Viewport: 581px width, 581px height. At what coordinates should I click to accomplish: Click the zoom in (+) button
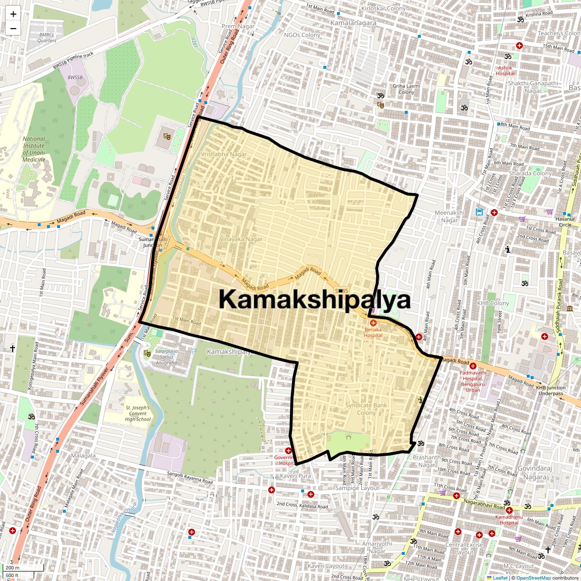pos(13,14)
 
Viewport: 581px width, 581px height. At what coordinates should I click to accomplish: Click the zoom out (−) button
pos(13,28)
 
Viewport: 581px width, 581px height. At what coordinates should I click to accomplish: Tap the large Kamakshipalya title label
pos(315,299)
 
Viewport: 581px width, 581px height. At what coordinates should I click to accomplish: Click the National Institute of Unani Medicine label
pos(34,149)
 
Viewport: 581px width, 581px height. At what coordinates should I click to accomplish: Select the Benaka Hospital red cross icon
pos(373,322)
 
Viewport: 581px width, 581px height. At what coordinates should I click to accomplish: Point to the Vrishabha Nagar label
pos(223,154)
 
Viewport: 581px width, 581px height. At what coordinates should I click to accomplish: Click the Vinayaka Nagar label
pos(241,239)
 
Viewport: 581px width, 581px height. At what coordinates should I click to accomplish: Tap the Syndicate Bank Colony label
pos(366,409)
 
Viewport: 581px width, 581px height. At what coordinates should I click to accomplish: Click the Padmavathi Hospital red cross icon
pos(473,366)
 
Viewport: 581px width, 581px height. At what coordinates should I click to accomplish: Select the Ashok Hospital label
pos(505,71)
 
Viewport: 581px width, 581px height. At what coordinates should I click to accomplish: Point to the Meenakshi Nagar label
pos(449,216)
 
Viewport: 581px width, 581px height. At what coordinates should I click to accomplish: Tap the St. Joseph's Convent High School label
pos(138,413)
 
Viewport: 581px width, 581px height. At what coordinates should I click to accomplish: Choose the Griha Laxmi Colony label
pos(406,89)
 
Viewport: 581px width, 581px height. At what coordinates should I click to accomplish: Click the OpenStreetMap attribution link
pos(533,578)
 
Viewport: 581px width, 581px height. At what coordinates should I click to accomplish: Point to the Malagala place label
pos(83,456)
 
